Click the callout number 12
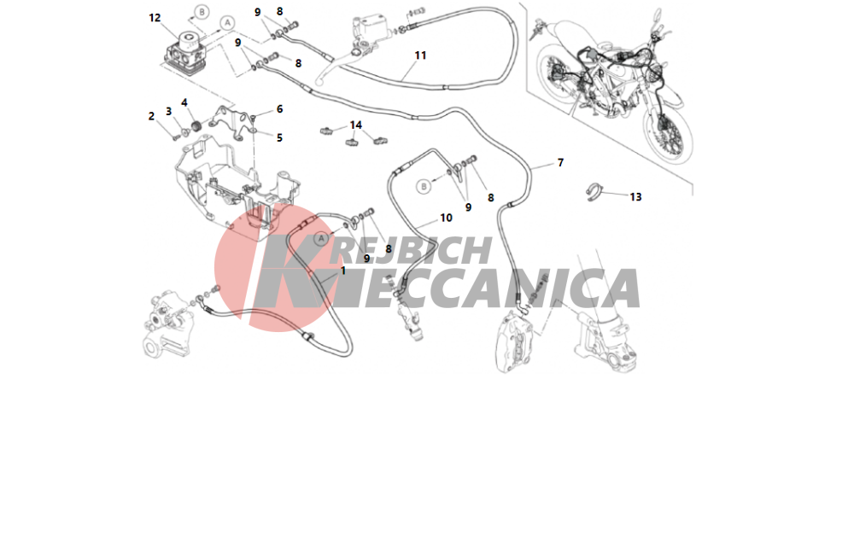click(x=155, y=18)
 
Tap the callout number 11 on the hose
click(x=420, y=55)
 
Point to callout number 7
click(x=560, y=162)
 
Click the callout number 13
click(x=635, y=197)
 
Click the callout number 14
click(x=355, y=125)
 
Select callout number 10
click(x=446, y=218)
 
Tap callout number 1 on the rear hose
click(x=343, y=271)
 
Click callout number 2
click(x=151, y=116)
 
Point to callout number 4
click(x=184, y=102)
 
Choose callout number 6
click(x=279, y=109)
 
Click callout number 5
click(x=279, y=137)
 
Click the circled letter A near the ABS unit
click(x=228, y=22)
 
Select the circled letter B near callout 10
click(x=424, y=186)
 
